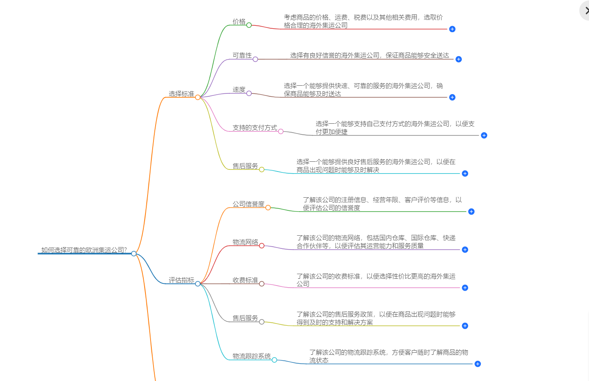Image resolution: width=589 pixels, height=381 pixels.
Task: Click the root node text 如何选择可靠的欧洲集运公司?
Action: pos(84,250)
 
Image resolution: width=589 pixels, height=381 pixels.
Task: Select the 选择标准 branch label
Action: pos(181,94)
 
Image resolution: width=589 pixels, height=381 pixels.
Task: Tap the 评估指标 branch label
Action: pos(181,280)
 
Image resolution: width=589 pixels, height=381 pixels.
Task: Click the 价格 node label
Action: pos(239,22)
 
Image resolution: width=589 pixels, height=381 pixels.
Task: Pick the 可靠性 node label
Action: pos(242,55)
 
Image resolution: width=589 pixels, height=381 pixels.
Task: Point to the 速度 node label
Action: pos(239,90)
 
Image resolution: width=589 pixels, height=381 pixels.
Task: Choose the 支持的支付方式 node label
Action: pos(255,128)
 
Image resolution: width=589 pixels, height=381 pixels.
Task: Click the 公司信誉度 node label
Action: pos(248,204)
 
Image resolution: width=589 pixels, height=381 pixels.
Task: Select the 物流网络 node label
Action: pos(245,242)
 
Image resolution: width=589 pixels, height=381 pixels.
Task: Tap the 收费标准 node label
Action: pos(245,280)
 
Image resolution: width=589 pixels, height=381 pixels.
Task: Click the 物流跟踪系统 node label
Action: pos(252,356)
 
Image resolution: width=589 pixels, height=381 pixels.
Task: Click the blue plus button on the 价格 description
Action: pos(452,29)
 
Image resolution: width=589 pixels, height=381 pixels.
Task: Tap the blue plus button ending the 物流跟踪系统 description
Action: pos(477,364)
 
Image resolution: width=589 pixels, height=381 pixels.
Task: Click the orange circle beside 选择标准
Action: pos(198,97)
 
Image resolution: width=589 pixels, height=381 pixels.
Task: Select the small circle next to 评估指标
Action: pos(198,283)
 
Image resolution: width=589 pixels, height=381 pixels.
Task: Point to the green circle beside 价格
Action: pos(249,25)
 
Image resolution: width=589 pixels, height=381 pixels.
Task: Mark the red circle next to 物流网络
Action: pos(262,246)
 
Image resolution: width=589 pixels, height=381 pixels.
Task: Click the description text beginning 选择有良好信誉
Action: pos(369,55)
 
